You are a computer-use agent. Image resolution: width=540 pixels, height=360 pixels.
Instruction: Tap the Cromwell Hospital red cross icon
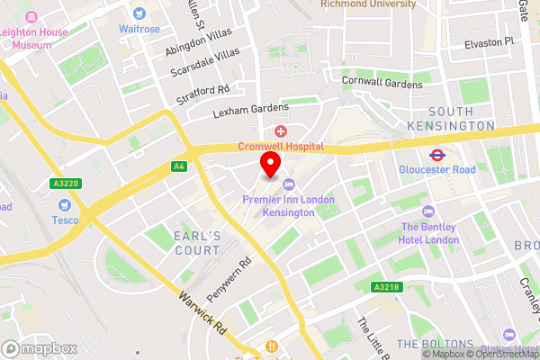click(282, 131)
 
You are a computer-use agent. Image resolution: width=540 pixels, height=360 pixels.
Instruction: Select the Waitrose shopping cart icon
click(139, 13)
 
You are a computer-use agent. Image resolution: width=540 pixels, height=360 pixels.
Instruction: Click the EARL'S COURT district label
click(196, 243)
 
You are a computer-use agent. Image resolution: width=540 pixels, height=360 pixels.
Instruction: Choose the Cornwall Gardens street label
click(382, 83)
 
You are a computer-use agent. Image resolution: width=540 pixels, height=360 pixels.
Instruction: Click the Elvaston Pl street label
click(482, 41)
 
